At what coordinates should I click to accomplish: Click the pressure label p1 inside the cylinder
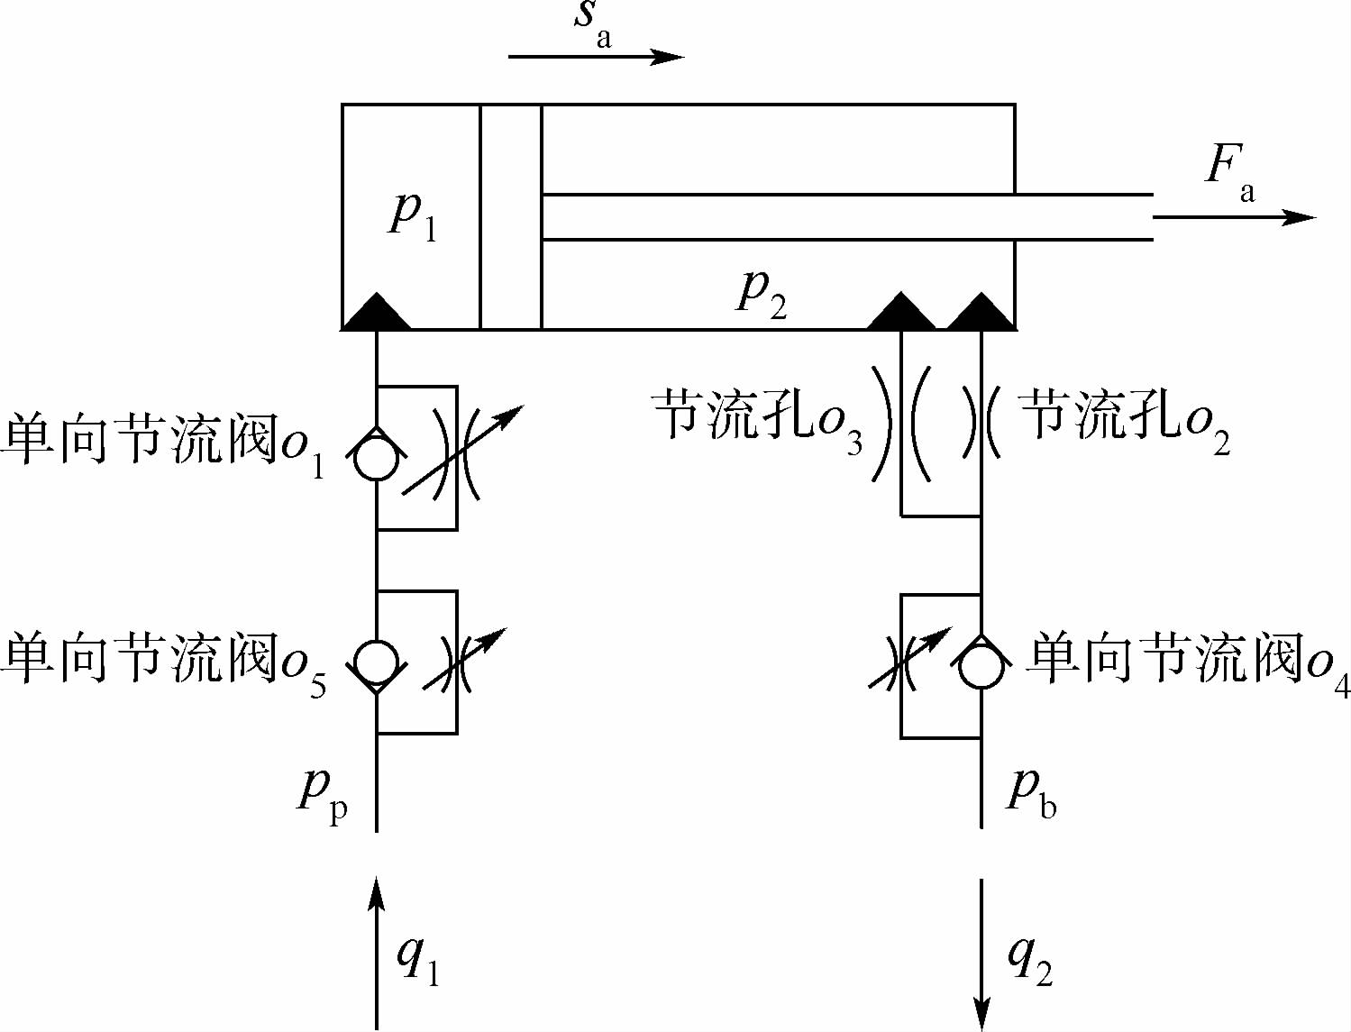click(x=413, y=216)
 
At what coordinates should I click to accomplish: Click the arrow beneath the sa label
click(x=596, y=57)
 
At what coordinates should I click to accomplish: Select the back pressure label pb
click(x=1031, y=791)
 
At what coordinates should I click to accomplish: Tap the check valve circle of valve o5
click(x=377, y=662)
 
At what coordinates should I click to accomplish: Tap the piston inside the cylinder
click(x=511, y=216)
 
